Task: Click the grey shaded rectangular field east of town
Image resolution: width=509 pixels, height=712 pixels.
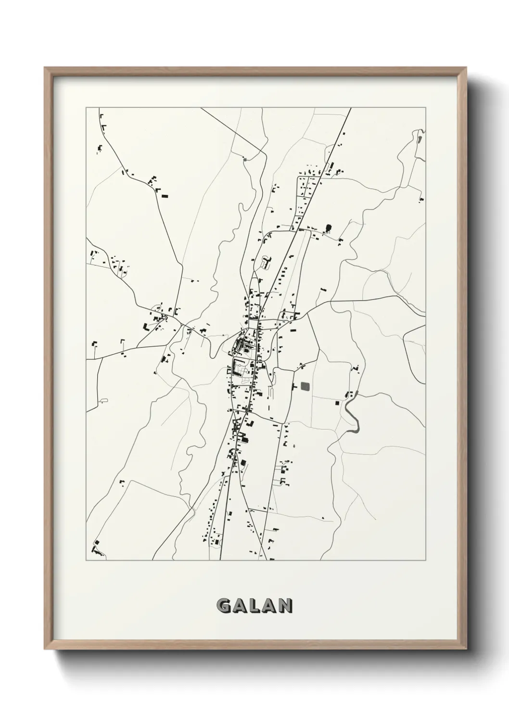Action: [305, 386]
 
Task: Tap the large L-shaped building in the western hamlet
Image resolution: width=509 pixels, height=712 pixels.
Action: [146, 327]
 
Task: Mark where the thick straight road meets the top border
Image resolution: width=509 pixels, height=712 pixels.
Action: [351, 109]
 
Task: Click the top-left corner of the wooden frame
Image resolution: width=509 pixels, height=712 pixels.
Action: [45, 68]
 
